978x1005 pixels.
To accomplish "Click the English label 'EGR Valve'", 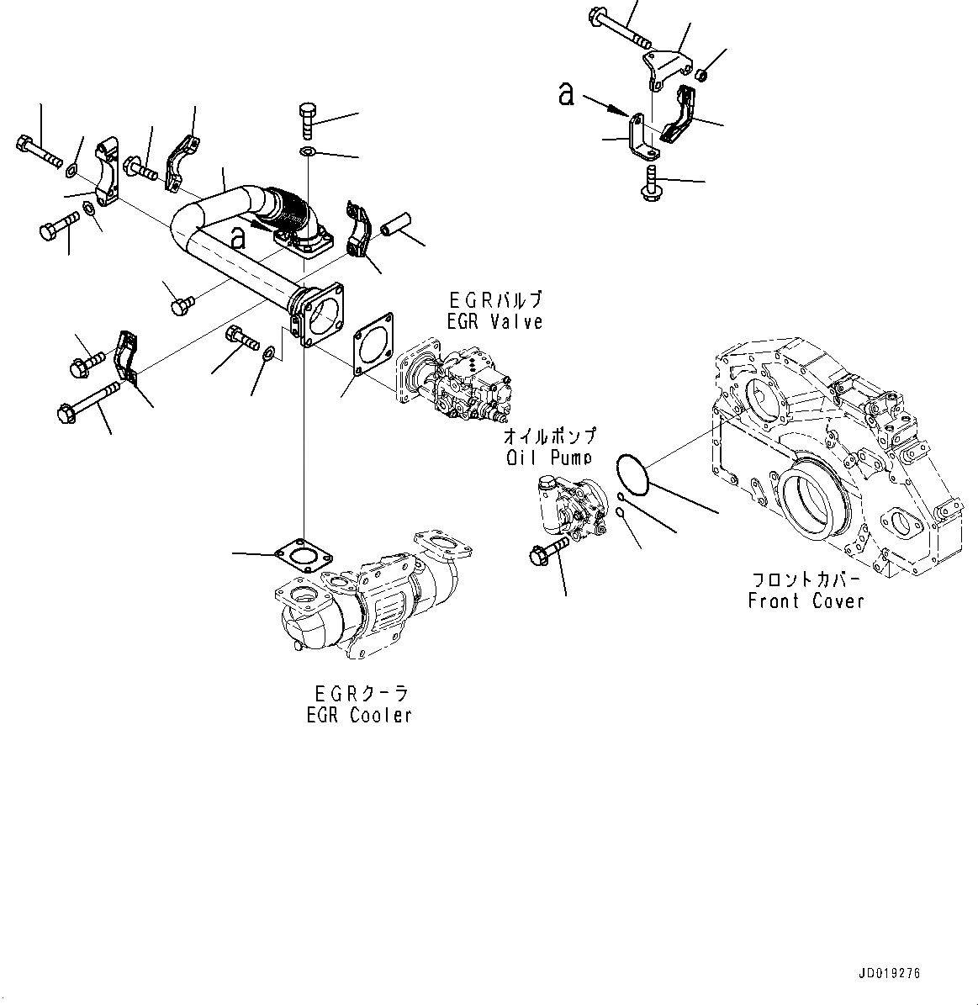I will tap(495, 321).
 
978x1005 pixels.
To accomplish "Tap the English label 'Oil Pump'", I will tap(549, 458).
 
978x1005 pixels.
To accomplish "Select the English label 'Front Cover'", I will tap(806, 601).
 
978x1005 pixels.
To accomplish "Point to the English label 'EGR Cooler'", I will tap(359, 716).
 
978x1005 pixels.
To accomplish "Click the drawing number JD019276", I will tap(890, 973).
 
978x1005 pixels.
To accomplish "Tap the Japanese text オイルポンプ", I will tap(549, 437).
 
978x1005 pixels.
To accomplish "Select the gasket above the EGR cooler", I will tap(303, 555).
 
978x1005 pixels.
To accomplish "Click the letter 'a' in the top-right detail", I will tap(567, 94).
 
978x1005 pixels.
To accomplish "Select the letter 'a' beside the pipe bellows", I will tap(239, 239).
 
